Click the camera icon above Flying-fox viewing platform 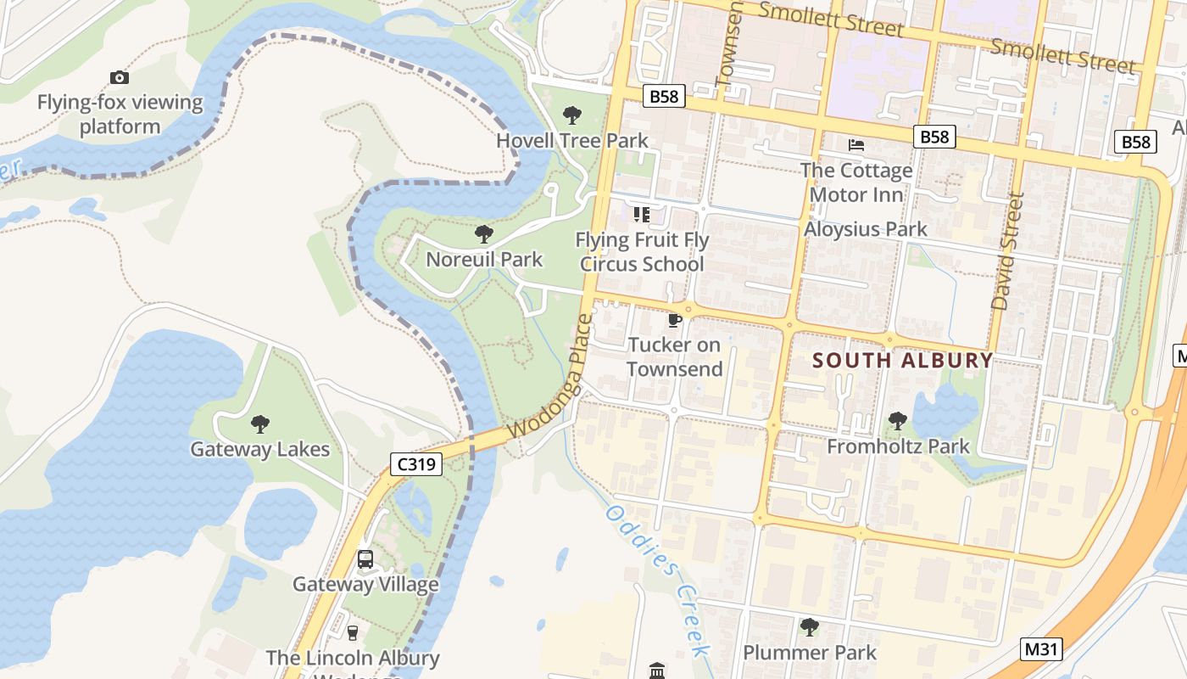tap(120, 78)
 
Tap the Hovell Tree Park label tap(572, 141)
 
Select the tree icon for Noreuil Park tap(484, 234)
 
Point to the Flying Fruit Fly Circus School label tap(642, 252)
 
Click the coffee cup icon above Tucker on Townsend tap(675, 320)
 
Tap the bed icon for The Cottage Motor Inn tap(856, 145)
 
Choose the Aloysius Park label tap(866, 229)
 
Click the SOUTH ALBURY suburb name tap(902, 360)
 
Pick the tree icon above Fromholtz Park tap(898, 421)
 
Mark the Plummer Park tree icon tap(810, 628)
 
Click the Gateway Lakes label tap(259, 449)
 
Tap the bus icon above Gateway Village tap(365, 559)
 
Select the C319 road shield tap(416, 463)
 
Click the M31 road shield tap(1042, 650)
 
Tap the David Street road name tap(1007, 251)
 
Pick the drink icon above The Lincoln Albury tap(353, 632)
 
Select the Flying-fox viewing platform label tap(120, 115)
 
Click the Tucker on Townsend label tap(675, 356)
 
